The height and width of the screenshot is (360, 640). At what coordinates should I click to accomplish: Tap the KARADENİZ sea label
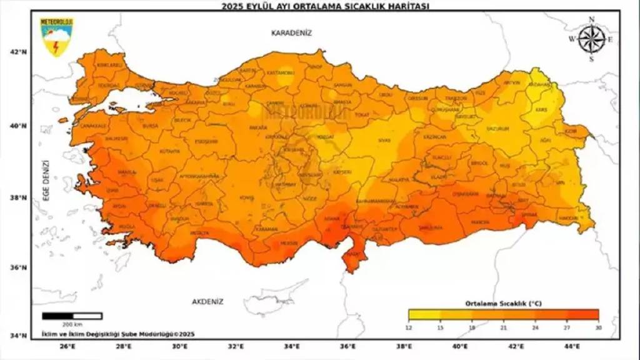pyautogui.click(x=291, y=32)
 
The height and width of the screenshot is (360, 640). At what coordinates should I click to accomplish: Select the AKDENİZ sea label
pyautogui.click(x=207, y=301)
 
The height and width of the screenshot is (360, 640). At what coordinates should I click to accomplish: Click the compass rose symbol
pyautogui.click(x=591, y=39)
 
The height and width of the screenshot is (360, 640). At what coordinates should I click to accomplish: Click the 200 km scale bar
pyautogui.click(x=72, y=316)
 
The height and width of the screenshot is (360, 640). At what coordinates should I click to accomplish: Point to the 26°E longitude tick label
pyautogui.click(x=67, y=346)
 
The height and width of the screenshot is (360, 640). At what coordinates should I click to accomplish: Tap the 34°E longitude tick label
pyautogui.click(x=292, y=346)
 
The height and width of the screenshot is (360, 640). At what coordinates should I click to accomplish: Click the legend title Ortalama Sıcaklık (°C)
pyautogui.click(x=503, y=303)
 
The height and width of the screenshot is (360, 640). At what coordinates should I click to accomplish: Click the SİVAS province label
pyautogui.click(x=384, y=140)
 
